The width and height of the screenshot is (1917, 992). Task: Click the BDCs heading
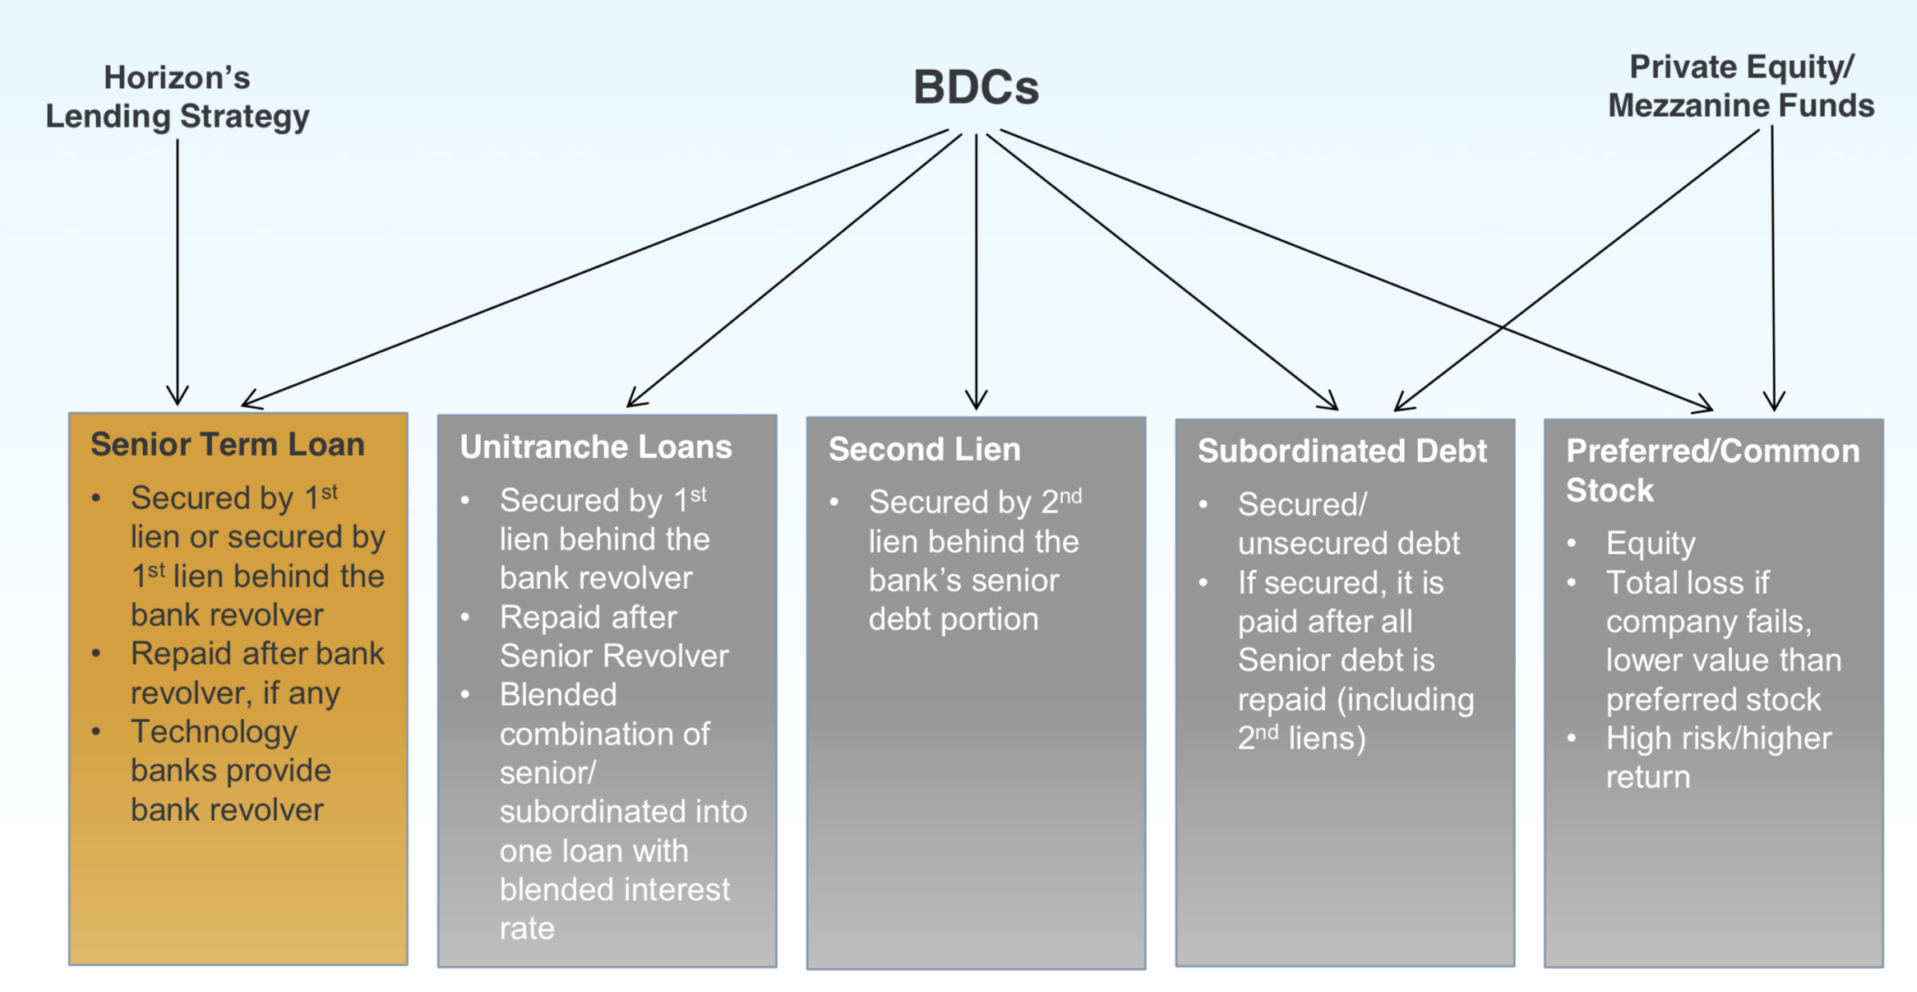976,87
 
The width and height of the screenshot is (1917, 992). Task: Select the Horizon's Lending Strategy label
177,97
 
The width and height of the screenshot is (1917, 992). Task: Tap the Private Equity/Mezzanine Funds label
1741,86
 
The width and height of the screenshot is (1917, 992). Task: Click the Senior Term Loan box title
227,444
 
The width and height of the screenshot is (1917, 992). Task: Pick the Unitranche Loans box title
595,447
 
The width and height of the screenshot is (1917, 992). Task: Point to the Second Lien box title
924,449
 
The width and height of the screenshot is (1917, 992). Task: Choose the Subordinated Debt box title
1342,451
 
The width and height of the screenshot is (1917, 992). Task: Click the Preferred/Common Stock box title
1711,471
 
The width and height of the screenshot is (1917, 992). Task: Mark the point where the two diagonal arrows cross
1504,327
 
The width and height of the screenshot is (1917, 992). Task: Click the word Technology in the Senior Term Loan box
214,731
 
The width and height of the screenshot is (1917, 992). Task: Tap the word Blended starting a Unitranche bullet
558,695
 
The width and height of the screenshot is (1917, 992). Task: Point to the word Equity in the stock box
1651,544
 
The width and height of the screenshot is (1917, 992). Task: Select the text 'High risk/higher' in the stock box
1718,738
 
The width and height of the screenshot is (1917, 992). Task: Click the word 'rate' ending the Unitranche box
527,928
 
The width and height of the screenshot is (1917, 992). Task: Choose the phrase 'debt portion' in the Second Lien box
953,619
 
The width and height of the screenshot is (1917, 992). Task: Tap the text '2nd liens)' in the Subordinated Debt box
1301,738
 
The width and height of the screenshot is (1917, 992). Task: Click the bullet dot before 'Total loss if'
1572,583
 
